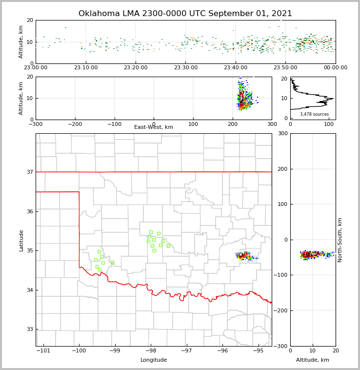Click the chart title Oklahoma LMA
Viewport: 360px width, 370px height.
pyautogui.click(x=185, y=14)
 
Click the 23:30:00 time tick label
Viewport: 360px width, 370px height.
pyautogui.click(x=185, y=68)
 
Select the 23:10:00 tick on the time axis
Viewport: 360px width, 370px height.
pyautogui.click(x=85, y=68)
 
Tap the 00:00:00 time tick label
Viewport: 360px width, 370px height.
pyautogui.click(x=336, y=68)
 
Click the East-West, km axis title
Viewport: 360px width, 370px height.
pyautogui.click(x=154, y=127)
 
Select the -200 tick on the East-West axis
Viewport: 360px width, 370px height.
pyautogui.click(x=75, y=124)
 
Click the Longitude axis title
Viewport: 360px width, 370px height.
pyautogui.click(x=154, y=360)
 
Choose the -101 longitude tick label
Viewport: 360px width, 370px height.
pyautogui.click(x=43, y=350)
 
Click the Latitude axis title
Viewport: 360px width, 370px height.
pyautogui.click(x=21, y=240)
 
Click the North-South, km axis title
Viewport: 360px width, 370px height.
pyautogui.click(x=340, y=240)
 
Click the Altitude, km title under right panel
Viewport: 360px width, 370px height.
pyautogui.click(x=313, y=360)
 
